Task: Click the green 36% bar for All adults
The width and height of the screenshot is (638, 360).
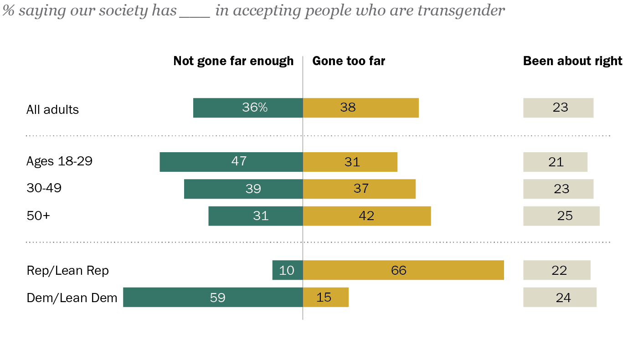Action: (x=248, y=108)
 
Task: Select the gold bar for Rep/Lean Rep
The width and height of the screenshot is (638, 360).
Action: (x=403, y=270)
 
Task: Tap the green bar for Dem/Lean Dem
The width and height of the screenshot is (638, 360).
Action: (x=213, y=297)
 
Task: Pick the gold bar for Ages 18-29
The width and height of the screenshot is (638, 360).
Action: (x=350, y=162)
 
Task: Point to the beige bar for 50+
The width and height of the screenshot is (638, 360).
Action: (x=561, y=216)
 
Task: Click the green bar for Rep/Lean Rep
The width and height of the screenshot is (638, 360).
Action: (x=287, y=270)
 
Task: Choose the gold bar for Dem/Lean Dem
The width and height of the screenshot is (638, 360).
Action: (x=325, y=297)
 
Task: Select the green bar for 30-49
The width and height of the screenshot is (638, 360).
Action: (x=243, y=189)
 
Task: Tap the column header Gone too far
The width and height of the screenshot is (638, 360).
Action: (x=349, y=61)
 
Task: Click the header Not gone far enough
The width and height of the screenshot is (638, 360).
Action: (x=233, y=61)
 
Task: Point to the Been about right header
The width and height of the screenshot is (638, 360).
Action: (x=572, y=61)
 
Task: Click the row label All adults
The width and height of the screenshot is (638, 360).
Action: (x=52, y=110)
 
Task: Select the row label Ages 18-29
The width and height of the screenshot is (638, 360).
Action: (x=59, y=161)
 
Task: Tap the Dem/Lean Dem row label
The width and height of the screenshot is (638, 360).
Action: (x=72, y=298)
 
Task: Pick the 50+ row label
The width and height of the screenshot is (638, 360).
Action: (x=38, y=216)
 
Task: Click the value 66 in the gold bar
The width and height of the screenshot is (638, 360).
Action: (x=398, y=270)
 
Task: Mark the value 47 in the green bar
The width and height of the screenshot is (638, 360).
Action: (x=239, y=162)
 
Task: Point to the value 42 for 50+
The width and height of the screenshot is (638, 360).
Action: (x=366, y=216)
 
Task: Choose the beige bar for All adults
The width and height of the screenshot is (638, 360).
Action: (x=558, y=108)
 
